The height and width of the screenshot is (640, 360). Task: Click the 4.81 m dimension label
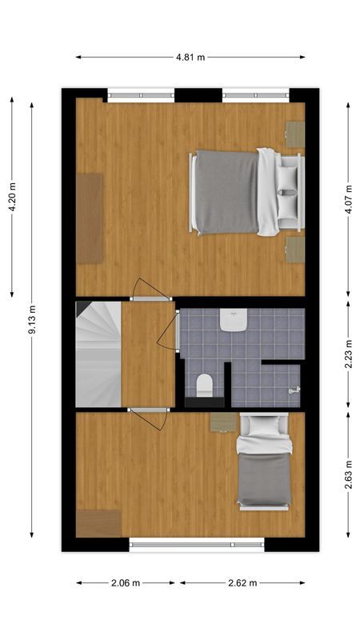tap(190, 57)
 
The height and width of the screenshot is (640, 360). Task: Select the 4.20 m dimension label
tap(12, 197)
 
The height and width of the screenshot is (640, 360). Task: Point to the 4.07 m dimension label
tap(350, 197)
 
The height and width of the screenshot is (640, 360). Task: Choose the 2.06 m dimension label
tap(126, 583)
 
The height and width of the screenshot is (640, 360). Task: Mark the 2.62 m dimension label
tap(242, 583)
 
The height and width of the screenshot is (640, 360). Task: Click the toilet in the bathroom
tap(204, 386)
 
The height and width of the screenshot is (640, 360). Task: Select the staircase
tap(98, 353)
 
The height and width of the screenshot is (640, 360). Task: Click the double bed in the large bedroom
tap(240, 192)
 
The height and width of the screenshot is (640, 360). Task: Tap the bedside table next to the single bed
tap(223, 421)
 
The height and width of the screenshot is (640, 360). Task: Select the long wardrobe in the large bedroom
tap(89, 218)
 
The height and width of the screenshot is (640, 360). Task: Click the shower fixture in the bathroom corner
tap(293, 390)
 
